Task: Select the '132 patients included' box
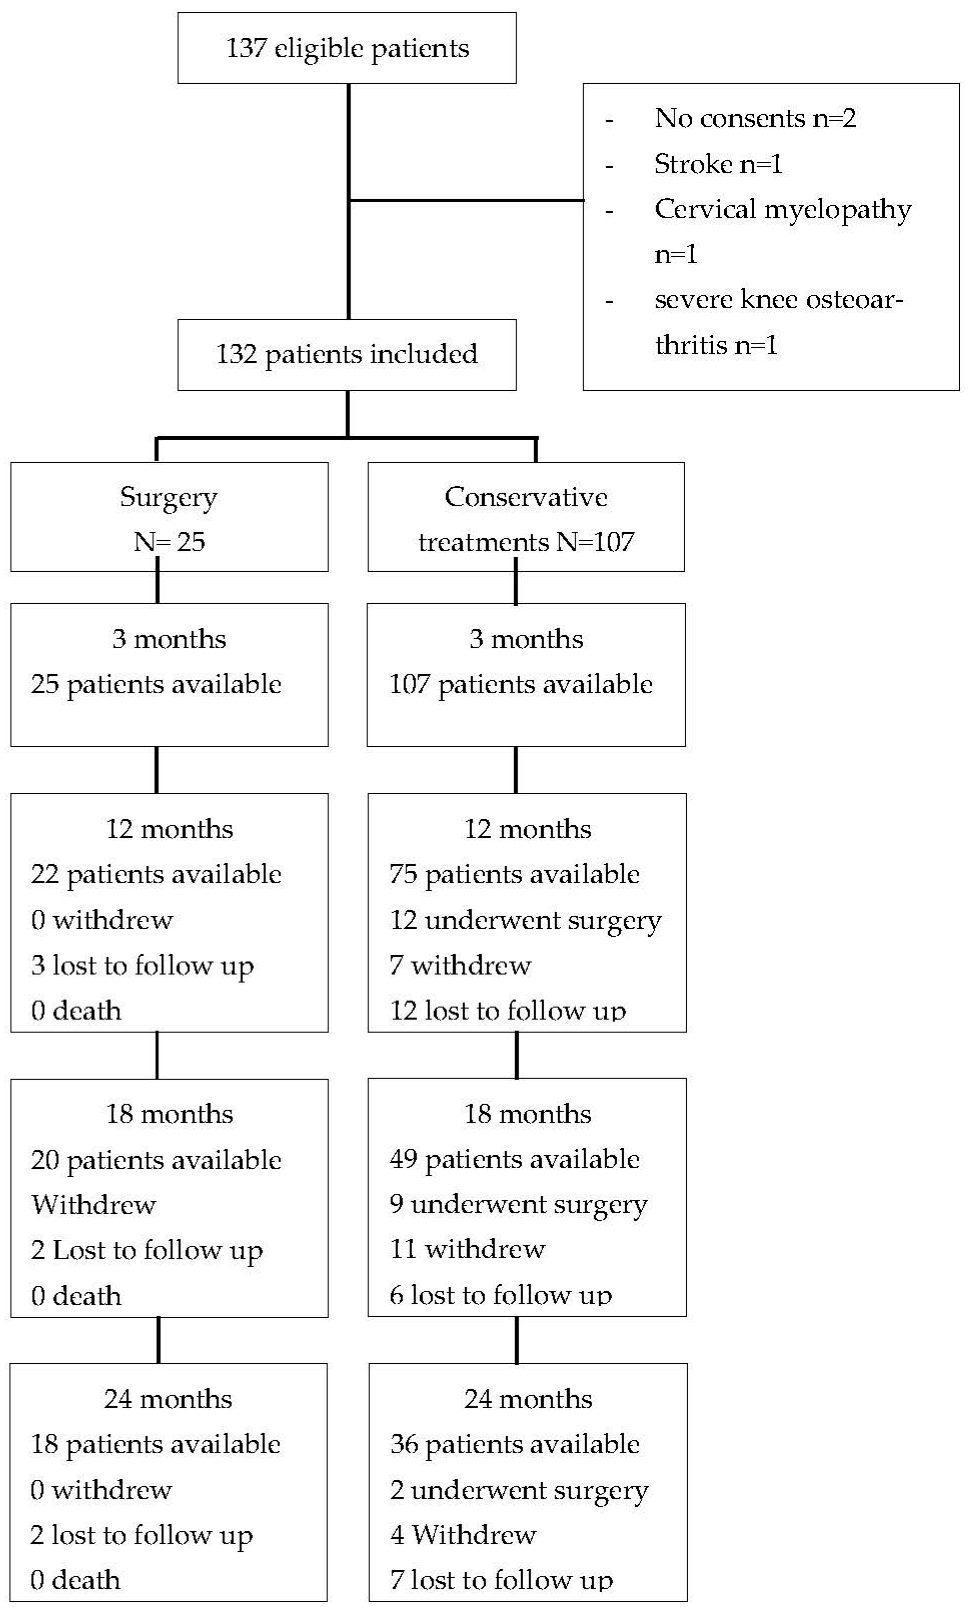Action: coord(347,354)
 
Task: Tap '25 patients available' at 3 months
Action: coord(156,684)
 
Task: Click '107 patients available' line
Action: coord(520,684)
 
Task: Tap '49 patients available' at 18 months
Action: coord(514,1159)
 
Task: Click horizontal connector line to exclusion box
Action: coord(466,200)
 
